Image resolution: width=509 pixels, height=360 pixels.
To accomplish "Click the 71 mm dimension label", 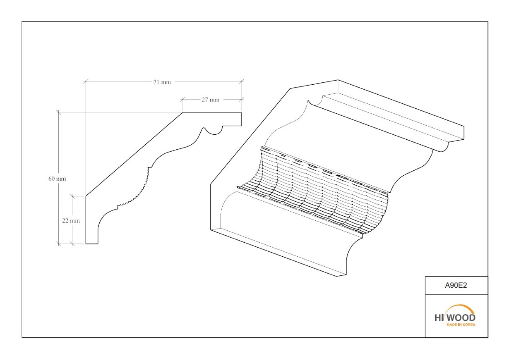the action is click(162, 82).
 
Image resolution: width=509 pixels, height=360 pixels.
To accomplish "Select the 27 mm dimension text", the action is click(210, 100).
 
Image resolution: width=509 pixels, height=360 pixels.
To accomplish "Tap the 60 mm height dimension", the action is click(57, 179).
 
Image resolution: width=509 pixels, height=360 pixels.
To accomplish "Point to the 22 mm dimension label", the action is click(71, 220).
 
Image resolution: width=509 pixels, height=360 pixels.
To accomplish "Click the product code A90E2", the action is click(456, 285).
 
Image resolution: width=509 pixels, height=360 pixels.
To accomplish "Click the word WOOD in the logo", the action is click(462, 318).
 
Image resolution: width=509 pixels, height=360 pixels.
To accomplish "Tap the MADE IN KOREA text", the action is click(461, 324).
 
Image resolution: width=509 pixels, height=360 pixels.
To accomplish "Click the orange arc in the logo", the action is click(461, 306).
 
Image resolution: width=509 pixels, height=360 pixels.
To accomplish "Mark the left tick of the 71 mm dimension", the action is click(86, 82).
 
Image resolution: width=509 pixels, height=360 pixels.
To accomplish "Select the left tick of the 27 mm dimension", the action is click(183, 99).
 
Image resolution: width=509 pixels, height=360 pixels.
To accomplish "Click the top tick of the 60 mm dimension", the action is click(59, 112).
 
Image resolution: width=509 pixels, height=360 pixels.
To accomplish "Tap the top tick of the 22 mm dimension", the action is click(73, 196).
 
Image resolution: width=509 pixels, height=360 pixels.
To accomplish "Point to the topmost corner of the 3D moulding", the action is click(338, 80).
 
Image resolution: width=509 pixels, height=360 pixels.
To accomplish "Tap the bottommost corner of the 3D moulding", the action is click(337, 276).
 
